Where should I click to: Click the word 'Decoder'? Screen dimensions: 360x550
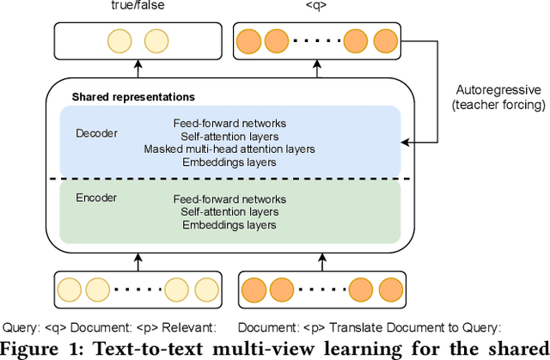coord(96,134)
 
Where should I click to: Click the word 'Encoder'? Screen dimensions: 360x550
coord(95,198)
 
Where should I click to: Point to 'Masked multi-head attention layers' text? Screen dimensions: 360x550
coord(229,149)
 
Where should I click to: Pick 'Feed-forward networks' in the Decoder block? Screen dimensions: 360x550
coord(229,123)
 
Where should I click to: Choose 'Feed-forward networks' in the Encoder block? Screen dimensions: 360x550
coord(229,199)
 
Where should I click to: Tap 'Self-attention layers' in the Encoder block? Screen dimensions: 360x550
coord(229,212)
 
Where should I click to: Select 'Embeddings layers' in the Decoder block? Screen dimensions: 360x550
coord(229,162)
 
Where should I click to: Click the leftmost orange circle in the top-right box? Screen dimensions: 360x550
coord(248,40)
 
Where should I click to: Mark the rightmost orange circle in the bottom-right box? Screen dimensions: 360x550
coord(389,290)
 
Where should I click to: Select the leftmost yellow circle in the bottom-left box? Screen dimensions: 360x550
coord(70,290)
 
